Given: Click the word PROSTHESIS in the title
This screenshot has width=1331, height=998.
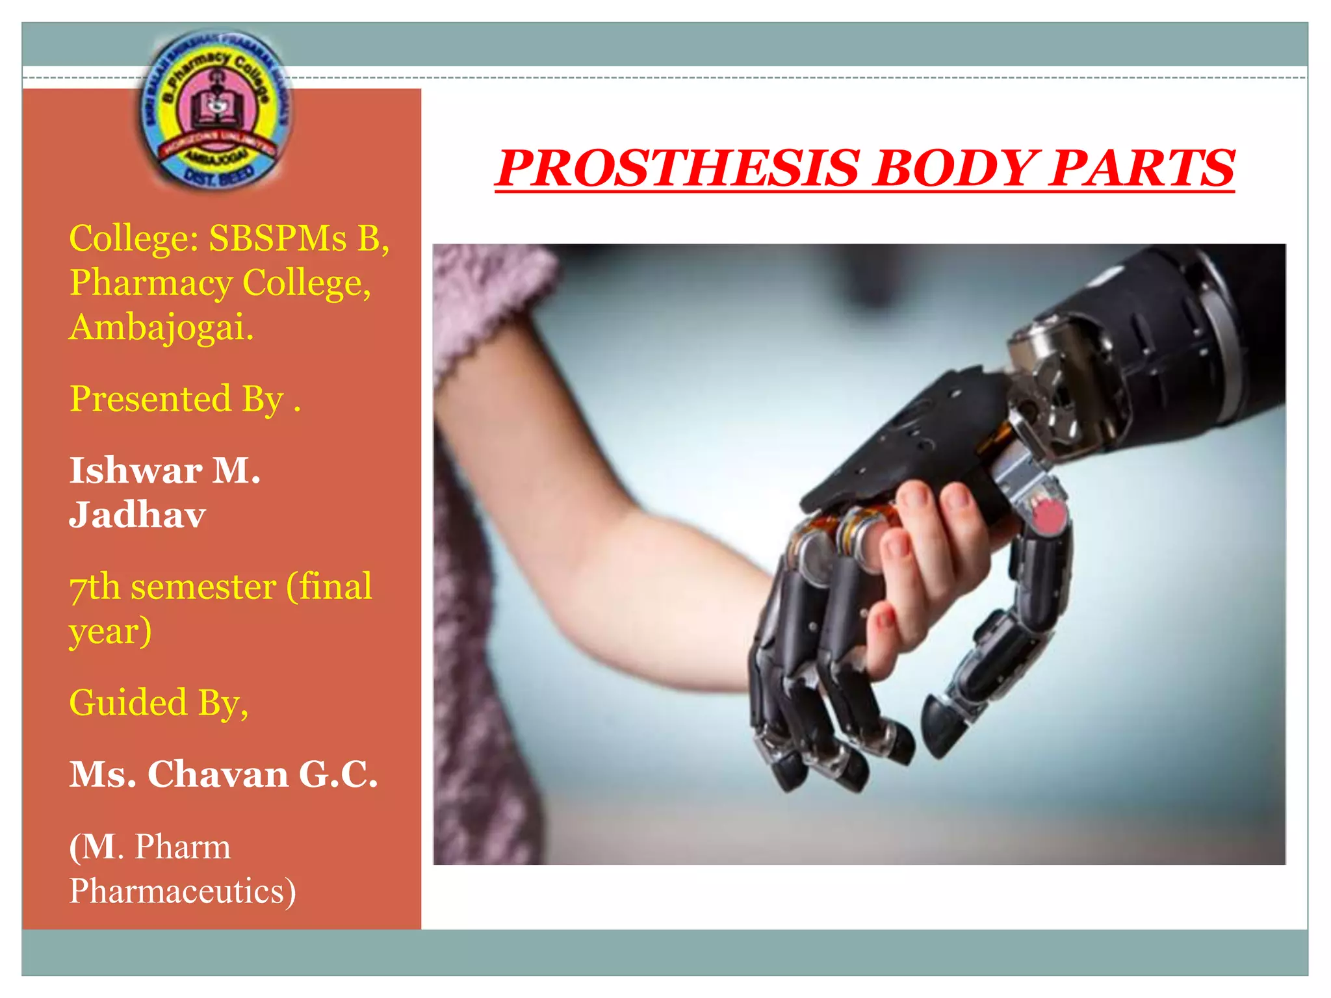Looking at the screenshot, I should pos(679,168).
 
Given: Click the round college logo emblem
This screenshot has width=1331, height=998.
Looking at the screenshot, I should pos(214,110).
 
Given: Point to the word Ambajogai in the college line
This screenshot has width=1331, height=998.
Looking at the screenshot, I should pos(161,327).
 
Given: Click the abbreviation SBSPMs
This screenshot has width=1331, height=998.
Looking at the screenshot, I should pos(278,238).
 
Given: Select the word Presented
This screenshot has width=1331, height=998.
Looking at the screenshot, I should pos(150,398).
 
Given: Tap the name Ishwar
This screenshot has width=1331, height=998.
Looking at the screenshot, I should pos(136,470).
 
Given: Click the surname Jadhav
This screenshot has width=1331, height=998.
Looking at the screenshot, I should pos(137,515).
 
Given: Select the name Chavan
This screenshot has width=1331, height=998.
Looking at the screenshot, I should pos(218,774).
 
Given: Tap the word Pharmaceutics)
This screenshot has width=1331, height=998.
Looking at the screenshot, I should pos(183,891).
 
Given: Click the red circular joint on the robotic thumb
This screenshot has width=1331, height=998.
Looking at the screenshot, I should pos(1047,517).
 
